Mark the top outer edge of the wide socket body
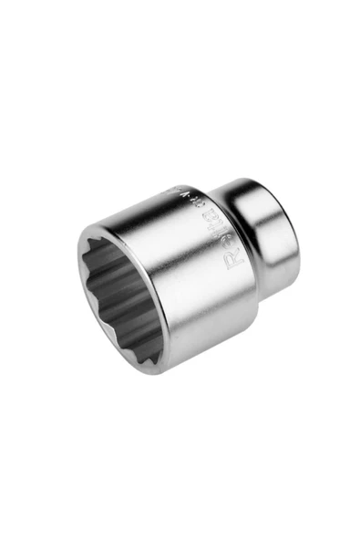tap(173, 194)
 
